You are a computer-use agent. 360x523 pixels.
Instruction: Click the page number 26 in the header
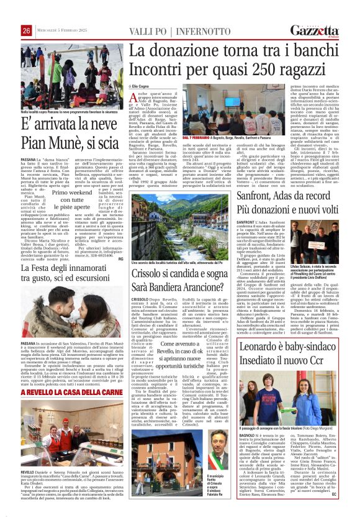[26, 30]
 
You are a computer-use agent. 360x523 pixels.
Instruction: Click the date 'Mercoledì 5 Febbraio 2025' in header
[62, 30]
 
